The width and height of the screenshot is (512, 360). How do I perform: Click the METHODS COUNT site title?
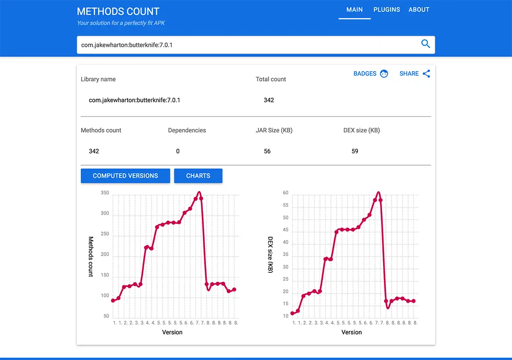(118, 11)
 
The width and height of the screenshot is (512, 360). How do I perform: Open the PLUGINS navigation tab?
(386, 9)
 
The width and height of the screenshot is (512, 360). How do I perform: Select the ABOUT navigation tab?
(419, 9)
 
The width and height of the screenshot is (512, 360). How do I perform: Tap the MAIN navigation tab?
(354, 9)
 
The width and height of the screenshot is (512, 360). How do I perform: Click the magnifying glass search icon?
(425, 44)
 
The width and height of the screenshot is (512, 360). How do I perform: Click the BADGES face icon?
(384, 74)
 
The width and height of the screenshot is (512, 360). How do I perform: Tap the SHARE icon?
(426, 74)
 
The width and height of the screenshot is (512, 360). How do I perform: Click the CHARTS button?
(198, 175)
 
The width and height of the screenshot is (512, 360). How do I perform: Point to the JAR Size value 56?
(267, 151)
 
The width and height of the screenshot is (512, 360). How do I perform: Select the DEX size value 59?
(355, 151)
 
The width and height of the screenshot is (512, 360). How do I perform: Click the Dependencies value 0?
(178, 151)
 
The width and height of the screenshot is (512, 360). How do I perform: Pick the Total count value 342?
(269, 100)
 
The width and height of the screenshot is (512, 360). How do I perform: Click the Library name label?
(98, 79)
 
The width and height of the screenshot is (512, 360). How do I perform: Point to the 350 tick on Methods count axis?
(105, 193)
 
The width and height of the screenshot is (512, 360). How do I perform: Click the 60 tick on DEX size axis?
(285, 193)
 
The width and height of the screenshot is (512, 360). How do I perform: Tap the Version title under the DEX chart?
(352, 332)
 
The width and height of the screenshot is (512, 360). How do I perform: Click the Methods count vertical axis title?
(91, 257)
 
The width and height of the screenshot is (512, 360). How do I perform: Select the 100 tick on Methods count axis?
(105, 296)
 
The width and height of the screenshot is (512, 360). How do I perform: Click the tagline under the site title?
(121, 23)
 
